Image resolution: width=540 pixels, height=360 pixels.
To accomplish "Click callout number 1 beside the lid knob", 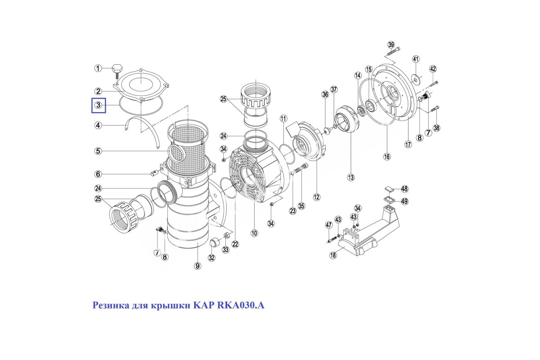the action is (x=98, y=68).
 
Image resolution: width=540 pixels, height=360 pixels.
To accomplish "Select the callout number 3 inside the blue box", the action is (x=98, y=105).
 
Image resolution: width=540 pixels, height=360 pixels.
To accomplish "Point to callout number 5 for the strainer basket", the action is (x=98, y=151).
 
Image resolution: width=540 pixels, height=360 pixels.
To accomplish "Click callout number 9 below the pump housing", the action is (x=198, y=266).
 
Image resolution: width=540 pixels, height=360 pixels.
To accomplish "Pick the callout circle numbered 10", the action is (x=254, y=233).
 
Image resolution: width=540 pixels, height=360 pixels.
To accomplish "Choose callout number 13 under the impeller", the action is (x=351, y=177).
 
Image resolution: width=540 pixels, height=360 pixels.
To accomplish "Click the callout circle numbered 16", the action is (x=387, y=157).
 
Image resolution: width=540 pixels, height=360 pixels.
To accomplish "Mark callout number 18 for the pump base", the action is (x=333, y=255).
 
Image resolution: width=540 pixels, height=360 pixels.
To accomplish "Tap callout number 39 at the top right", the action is (x=391, y=45).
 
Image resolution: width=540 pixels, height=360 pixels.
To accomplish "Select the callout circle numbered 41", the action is (x=416, y=59).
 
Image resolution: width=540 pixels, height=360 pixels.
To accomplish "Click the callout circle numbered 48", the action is (x=405, y=189).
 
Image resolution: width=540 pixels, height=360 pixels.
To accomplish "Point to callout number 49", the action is (x=405, y=201).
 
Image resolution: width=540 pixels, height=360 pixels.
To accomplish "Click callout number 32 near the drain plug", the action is (x=211, y=258).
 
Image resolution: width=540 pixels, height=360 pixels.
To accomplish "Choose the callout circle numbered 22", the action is (x=235, y=244).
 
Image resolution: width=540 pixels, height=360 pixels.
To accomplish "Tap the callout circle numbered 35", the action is (x=301, y=206).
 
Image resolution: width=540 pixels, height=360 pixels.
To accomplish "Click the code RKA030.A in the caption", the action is (x=241, y=306).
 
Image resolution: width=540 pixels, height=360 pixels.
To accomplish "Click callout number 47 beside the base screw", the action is (x=329, y=225).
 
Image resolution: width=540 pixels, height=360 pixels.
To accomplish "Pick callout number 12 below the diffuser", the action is (x=316, y=197).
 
